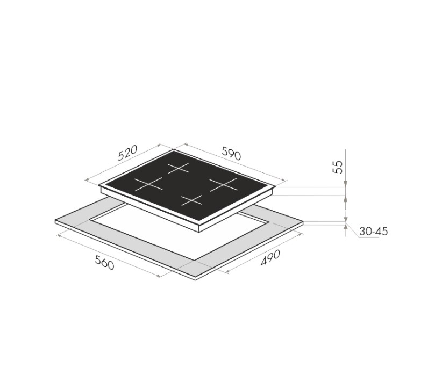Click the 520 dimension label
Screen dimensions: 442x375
tap(127, 153)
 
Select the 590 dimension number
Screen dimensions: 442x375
tap(231, 154)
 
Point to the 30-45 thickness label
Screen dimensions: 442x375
tap(374, 232)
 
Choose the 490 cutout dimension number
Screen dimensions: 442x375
tap(270, 257)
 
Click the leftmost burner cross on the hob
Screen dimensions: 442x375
tap(148, 184)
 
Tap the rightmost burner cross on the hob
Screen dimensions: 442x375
tap(224, 184)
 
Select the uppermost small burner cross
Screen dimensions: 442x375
tap(179, 168)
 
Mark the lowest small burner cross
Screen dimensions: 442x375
tap(191, 200)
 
